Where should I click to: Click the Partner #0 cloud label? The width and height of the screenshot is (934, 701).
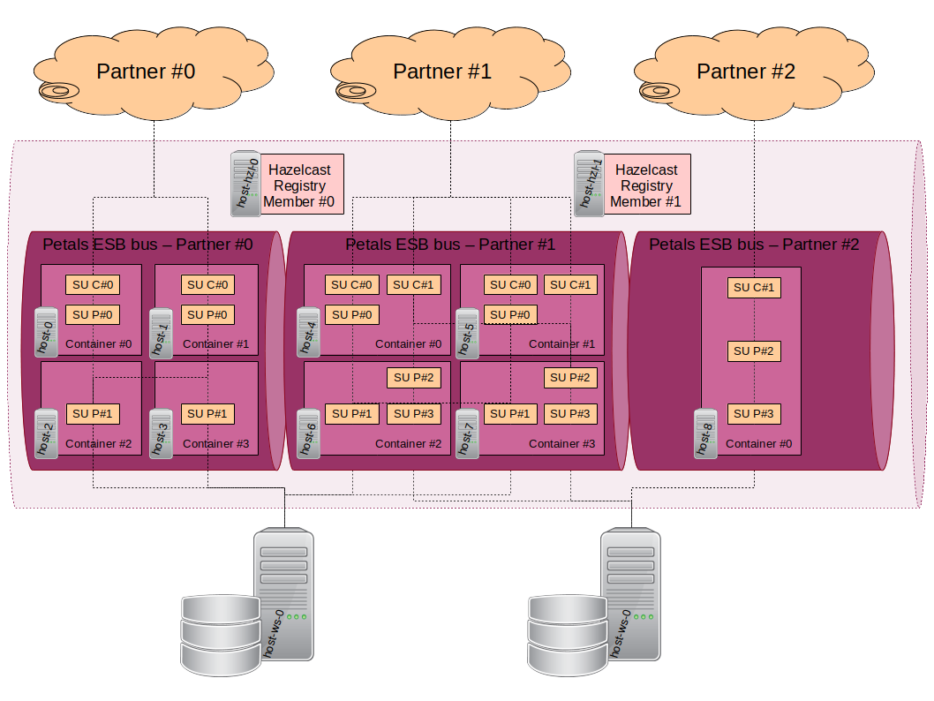tap(146, 72)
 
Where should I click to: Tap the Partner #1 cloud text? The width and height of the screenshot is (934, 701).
tap(441, 72)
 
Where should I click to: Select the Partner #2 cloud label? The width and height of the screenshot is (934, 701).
tap(746, 72)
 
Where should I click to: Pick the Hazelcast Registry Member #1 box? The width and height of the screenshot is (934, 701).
tap(646, 185)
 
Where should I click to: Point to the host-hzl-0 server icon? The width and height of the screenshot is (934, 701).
tap(245, 184)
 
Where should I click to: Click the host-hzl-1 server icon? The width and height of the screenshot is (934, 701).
tap(589, 184)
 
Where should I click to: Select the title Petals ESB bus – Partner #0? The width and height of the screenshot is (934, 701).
tap(147, 245)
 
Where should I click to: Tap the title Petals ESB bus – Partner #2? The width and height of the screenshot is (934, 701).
tap(754, 245)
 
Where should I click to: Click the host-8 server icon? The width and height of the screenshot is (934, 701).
tap(704, 433)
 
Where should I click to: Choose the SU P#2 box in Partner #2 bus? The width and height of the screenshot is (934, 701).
tap(754, 351)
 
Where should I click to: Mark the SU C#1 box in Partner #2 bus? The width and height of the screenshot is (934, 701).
tap(754, 288)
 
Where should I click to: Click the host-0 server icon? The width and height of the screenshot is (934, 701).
tap(46, 332)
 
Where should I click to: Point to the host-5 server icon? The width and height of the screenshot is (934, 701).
tap(467, 333)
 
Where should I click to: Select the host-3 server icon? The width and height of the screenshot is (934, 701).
tap(161, 433)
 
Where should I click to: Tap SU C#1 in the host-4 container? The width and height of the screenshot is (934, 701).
tap(413, 284)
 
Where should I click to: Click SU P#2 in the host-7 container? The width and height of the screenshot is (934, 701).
tap(569, 377)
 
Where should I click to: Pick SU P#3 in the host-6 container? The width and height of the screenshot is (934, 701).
tap(413, 413)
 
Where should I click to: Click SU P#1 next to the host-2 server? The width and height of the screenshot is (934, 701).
tap(93, 413)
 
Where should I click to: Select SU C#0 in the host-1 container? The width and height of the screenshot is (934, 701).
tap(207, 284)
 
